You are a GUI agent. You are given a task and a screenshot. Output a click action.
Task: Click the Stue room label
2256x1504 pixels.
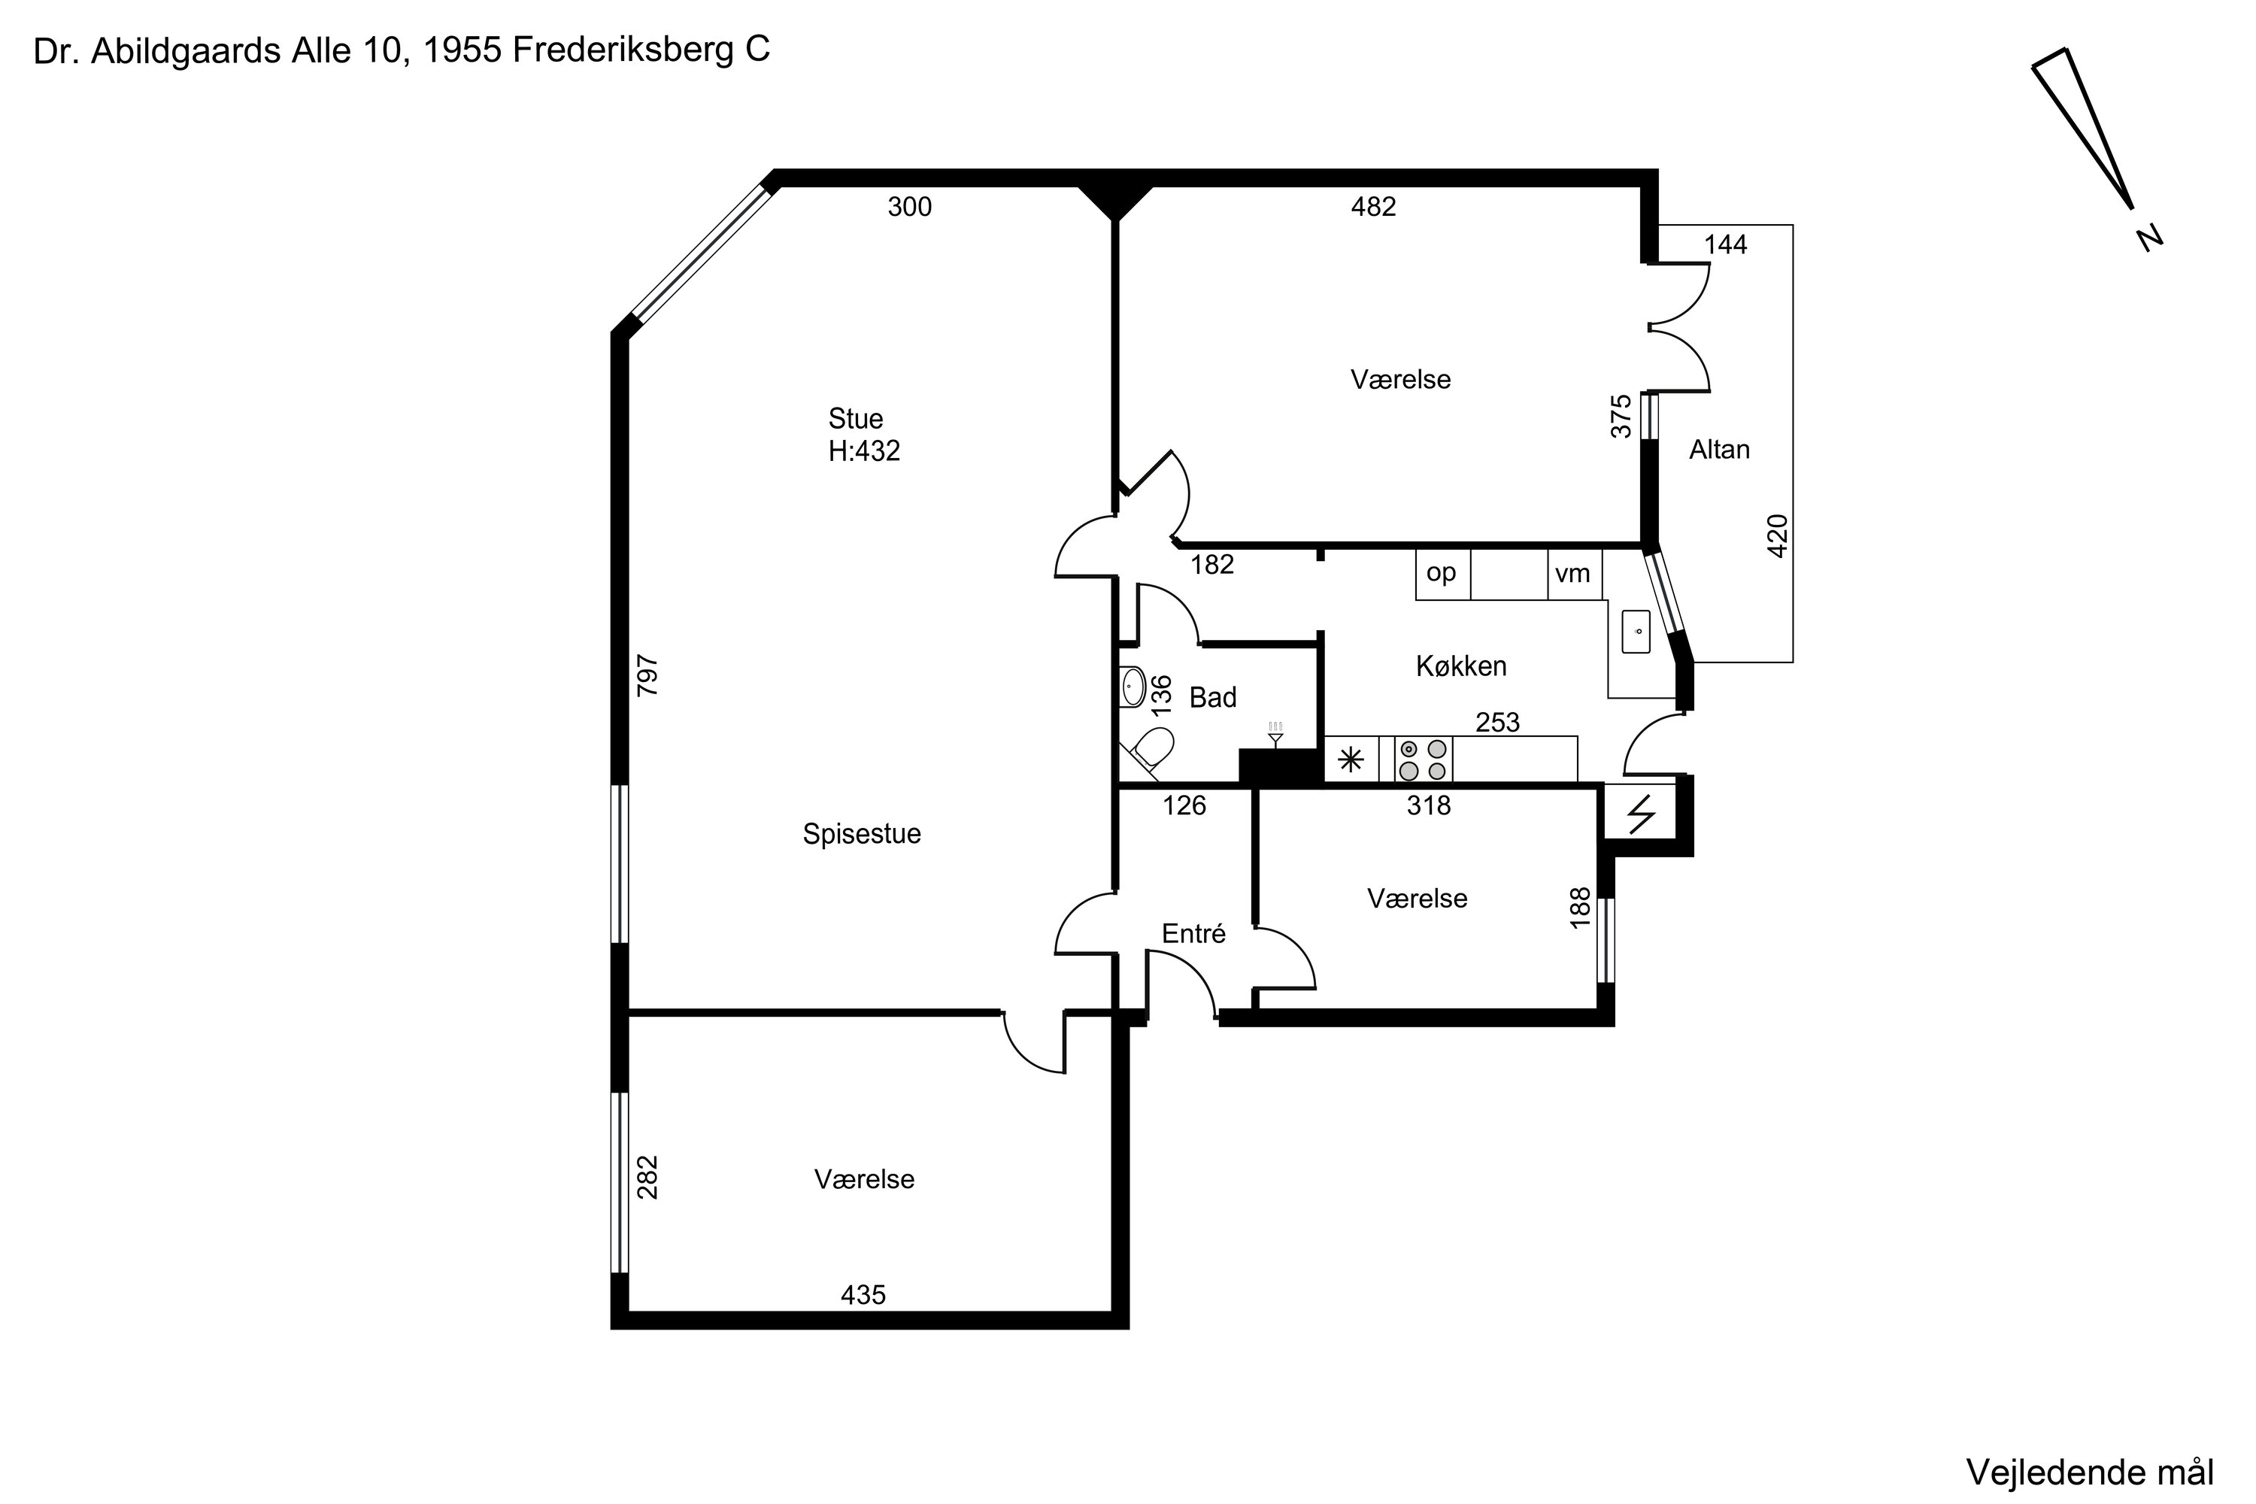pyautogui.click(x=856, y=419)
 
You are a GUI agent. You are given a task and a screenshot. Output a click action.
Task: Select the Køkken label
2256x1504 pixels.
pyautogui.click(x=1461, y=666)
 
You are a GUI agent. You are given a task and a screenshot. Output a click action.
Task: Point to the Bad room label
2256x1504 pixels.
pyautogui.click(x=1212, y=697)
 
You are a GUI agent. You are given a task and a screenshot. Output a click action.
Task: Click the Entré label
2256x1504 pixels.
pyautogui.click(x=1193, y=933)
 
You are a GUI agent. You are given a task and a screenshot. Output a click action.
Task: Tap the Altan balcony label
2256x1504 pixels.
pyautogui.click(x=1719, y=450)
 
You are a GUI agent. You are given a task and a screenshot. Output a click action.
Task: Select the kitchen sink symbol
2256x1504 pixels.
pyautogui.click(x=1636, y=631)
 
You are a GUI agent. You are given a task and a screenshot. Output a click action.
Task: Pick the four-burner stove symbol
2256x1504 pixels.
pyautogui.click(x=1424, y=760)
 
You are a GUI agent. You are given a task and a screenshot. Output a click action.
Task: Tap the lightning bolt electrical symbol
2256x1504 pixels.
pyautogui.click(x=1641, y=814)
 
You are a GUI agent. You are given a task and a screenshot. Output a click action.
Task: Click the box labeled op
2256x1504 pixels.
pyautogui.click(x=1442, y=575)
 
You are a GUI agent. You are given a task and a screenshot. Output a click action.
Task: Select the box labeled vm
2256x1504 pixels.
pyautogui.click(x=1574, y=575)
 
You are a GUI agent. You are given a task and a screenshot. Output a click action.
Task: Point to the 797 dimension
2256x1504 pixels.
pyautogui.click(x=648, y=675)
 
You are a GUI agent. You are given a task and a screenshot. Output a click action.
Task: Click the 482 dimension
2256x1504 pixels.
pyautogui.click(x=1374, y=208)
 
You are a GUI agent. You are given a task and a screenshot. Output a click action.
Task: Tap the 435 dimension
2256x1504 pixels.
pyautogui.click(x=863, y=1296)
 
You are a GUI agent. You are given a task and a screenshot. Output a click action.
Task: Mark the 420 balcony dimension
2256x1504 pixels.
pyautogui.click(x=1778, y=536)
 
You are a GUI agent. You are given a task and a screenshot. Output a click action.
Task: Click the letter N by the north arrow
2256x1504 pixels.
pyautogui.click(x=2151, y=237)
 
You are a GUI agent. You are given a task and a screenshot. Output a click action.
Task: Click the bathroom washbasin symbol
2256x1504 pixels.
pyautogui.click(x=1133, y=687)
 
